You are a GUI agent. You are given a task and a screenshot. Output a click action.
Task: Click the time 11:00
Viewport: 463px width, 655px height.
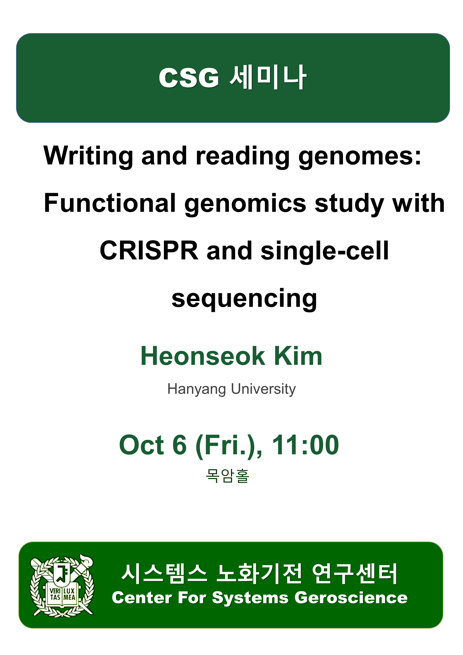(305, 445)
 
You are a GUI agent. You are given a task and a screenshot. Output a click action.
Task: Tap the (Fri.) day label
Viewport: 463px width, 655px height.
(229, 446)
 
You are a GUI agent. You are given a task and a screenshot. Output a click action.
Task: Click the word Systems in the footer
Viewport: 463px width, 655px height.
(250, 598)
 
